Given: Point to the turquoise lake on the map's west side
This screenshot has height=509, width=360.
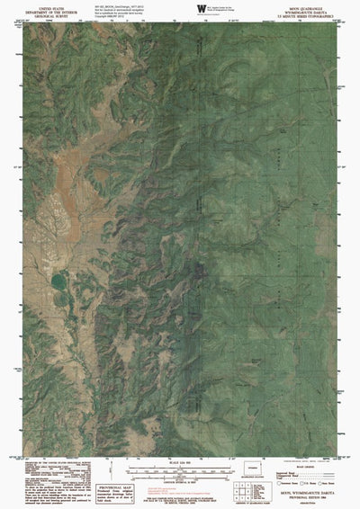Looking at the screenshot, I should tap(58, 281).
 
